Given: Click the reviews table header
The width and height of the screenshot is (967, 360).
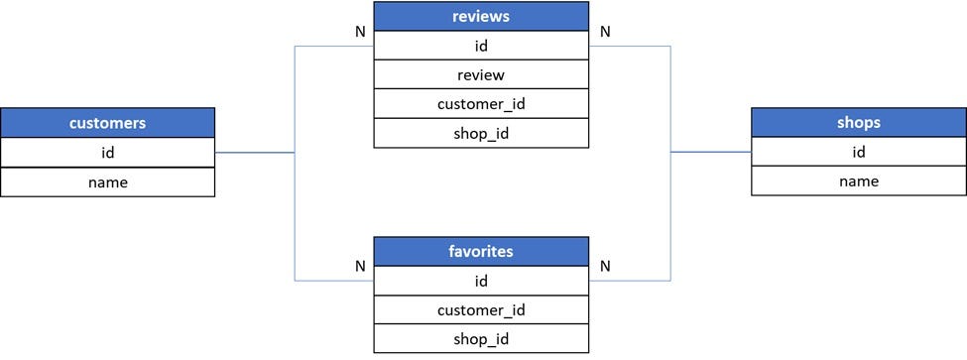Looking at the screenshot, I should coord(481,16).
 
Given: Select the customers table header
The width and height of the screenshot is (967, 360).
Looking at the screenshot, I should coord(107,123).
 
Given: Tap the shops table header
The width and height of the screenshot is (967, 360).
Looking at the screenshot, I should coord(858,123).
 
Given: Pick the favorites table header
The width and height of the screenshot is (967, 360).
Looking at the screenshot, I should coord(481,251).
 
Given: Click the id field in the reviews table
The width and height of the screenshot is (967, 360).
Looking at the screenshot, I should coord(481,46).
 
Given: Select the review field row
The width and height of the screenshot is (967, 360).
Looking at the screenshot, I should coord(481,75).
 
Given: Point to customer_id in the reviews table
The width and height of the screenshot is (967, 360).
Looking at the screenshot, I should coord(481,104).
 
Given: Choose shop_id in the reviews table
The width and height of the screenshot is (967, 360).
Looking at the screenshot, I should coord(481,133).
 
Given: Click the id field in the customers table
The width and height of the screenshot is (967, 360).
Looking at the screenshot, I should coord(107,153).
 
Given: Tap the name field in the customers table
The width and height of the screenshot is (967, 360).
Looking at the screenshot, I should coord(107,181).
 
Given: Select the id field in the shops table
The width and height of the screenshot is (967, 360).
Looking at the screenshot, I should coord(858,152).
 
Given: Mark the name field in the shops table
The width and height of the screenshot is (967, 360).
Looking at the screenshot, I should coord(858,180).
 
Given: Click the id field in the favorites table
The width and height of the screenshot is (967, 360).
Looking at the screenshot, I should coord(481,281).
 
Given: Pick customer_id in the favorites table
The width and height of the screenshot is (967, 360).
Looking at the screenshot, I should coord(481,310).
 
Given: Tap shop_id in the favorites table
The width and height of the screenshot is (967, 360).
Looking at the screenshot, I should coord(481,339).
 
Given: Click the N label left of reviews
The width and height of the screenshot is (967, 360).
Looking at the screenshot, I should coord(360,31).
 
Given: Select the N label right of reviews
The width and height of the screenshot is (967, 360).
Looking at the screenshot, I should coord(605,31).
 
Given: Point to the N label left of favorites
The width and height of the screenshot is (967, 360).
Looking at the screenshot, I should coord(360,266).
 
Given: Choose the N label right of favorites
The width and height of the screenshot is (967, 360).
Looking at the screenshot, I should coord(605,266).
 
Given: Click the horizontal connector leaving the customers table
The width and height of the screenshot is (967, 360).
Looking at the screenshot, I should coord(254,153).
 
